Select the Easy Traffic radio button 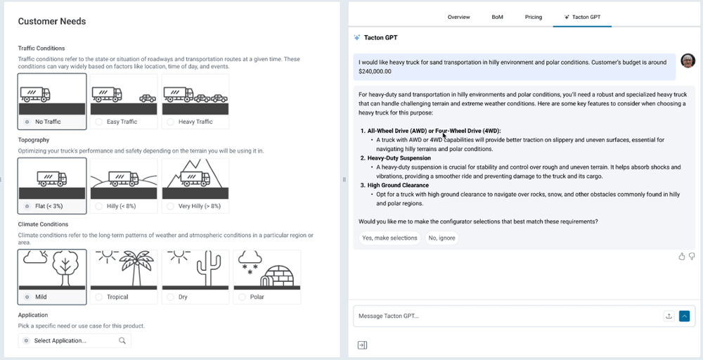point(99,122)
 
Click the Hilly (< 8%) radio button point(99,206)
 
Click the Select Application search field point(70,340)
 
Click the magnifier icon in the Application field point(122,340)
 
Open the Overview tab point(458,17)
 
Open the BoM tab point(497,17)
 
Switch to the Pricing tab point(533,17)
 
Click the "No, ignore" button point(441,238)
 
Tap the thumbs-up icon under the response point(681,257)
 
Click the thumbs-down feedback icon point(692,257)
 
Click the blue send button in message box point(685,316)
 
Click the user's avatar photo point(688,61)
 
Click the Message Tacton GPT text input point(506,316)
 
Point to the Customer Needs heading point(52,21)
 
